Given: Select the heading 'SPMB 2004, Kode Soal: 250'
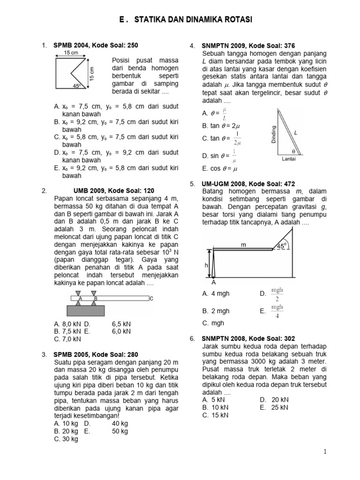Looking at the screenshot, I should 96,45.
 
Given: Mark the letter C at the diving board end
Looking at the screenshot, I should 151,298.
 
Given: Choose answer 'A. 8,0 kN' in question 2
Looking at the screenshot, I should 67,323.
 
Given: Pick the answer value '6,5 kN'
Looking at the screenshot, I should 121,323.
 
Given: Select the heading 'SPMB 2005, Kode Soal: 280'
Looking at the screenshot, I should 96,354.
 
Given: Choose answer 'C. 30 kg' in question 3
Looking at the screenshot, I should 66,439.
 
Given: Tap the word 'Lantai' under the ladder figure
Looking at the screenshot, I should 288,159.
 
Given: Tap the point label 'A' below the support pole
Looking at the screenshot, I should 214,283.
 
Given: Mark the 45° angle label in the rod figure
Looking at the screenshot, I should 281,245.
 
